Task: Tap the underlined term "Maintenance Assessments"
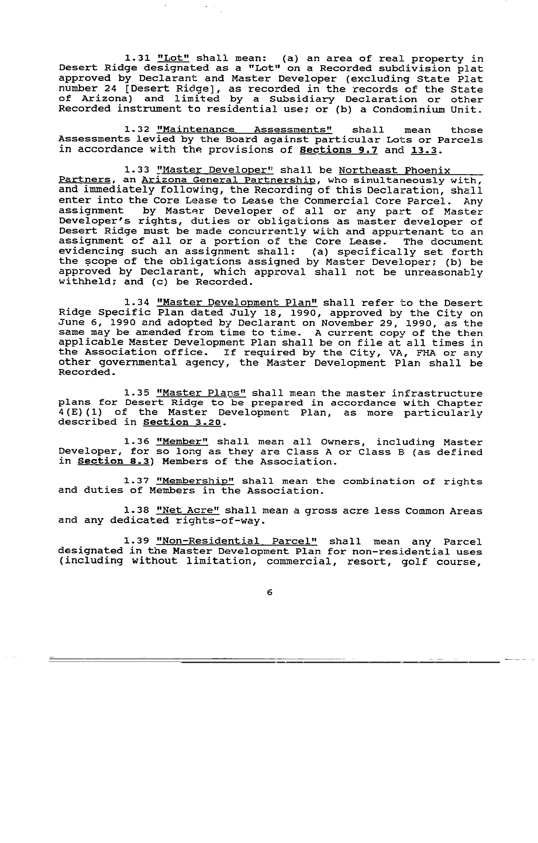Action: pos(244,130)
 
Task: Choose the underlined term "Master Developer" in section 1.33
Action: pos(215,170)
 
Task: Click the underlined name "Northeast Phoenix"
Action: pos(394,170)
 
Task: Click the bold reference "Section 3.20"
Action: pos(182,423)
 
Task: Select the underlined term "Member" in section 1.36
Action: pos(182,442)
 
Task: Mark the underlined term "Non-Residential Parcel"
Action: pos(237,542)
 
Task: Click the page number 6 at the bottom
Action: pos(269,593)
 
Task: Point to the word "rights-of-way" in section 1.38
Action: pos(220,521)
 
